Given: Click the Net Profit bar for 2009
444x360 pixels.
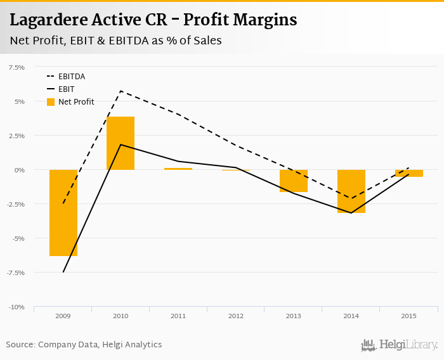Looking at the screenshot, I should pos(63,212).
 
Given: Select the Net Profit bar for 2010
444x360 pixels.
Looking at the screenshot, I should pos(121,143).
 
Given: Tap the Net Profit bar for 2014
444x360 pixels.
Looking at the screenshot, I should pos(351,191).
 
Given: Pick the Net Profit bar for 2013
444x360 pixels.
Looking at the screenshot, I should pos(294,181).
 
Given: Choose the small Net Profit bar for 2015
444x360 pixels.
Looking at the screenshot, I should pos(408,173).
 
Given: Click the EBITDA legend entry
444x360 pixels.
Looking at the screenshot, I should pos(72,77).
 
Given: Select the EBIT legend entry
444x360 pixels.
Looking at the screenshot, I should pos(66,89).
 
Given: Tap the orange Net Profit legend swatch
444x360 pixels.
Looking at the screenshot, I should pos(51,102).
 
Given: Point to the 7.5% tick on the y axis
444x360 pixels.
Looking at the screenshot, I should pos(16,67).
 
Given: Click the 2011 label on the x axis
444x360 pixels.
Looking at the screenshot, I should pos(178,316).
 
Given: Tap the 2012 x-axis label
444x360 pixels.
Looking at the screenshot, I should pos(236,316).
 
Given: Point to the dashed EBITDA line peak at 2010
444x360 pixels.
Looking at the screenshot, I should pos(121,91).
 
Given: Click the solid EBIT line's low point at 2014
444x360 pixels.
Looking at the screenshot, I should pos(351,213).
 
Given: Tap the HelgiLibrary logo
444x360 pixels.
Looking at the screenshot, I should pos(400,345).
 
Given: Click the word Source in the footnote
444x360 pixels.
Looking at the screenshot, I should pos(20,345).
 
